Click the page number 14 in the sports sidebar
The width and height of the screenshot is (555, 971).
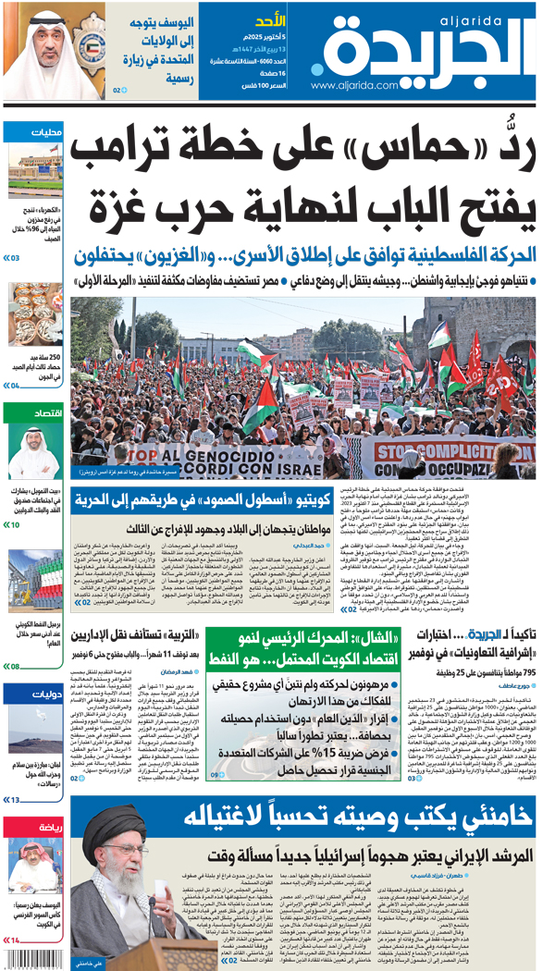coord(15,940)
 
